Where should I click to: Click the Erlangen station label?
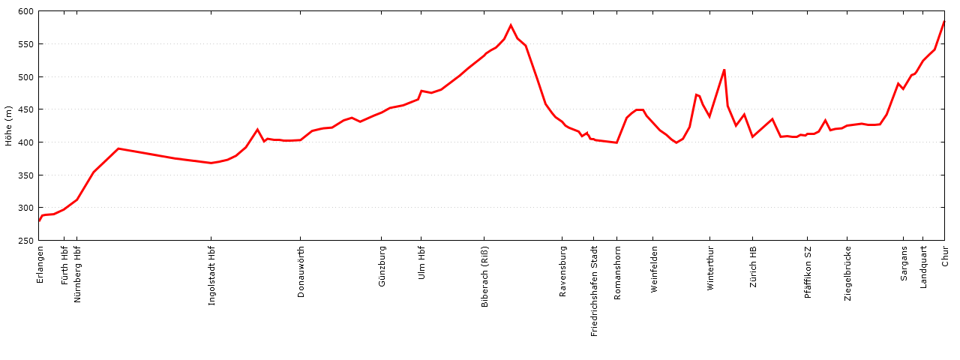pos(40,265)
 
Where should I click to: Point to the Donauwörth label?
pos(301,272)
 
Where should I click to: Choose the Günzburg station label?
pos(382,267)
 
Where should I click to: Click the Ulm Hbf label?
pos(421,263)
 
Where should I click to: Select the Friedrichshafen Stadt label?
pos(595,291)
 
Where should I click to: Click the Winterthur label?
pos(710,268)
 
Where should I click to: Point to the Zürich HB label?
pos(754,267)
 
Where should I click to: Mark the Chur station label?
pos(945,256)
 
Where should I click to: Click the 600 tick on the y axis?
pos(26,12)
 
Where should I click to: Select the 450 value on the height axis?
pos(26,109)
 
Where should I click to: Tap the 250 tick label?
pos(26,241)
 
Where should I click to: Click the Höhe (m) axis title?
pos(9,126)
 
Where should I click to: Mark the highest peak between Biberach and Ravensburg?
pos(511,25)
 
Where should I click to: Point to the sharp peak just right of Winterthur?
pos(724,70)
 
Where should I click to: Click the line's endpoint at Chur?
pos(944,21)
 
